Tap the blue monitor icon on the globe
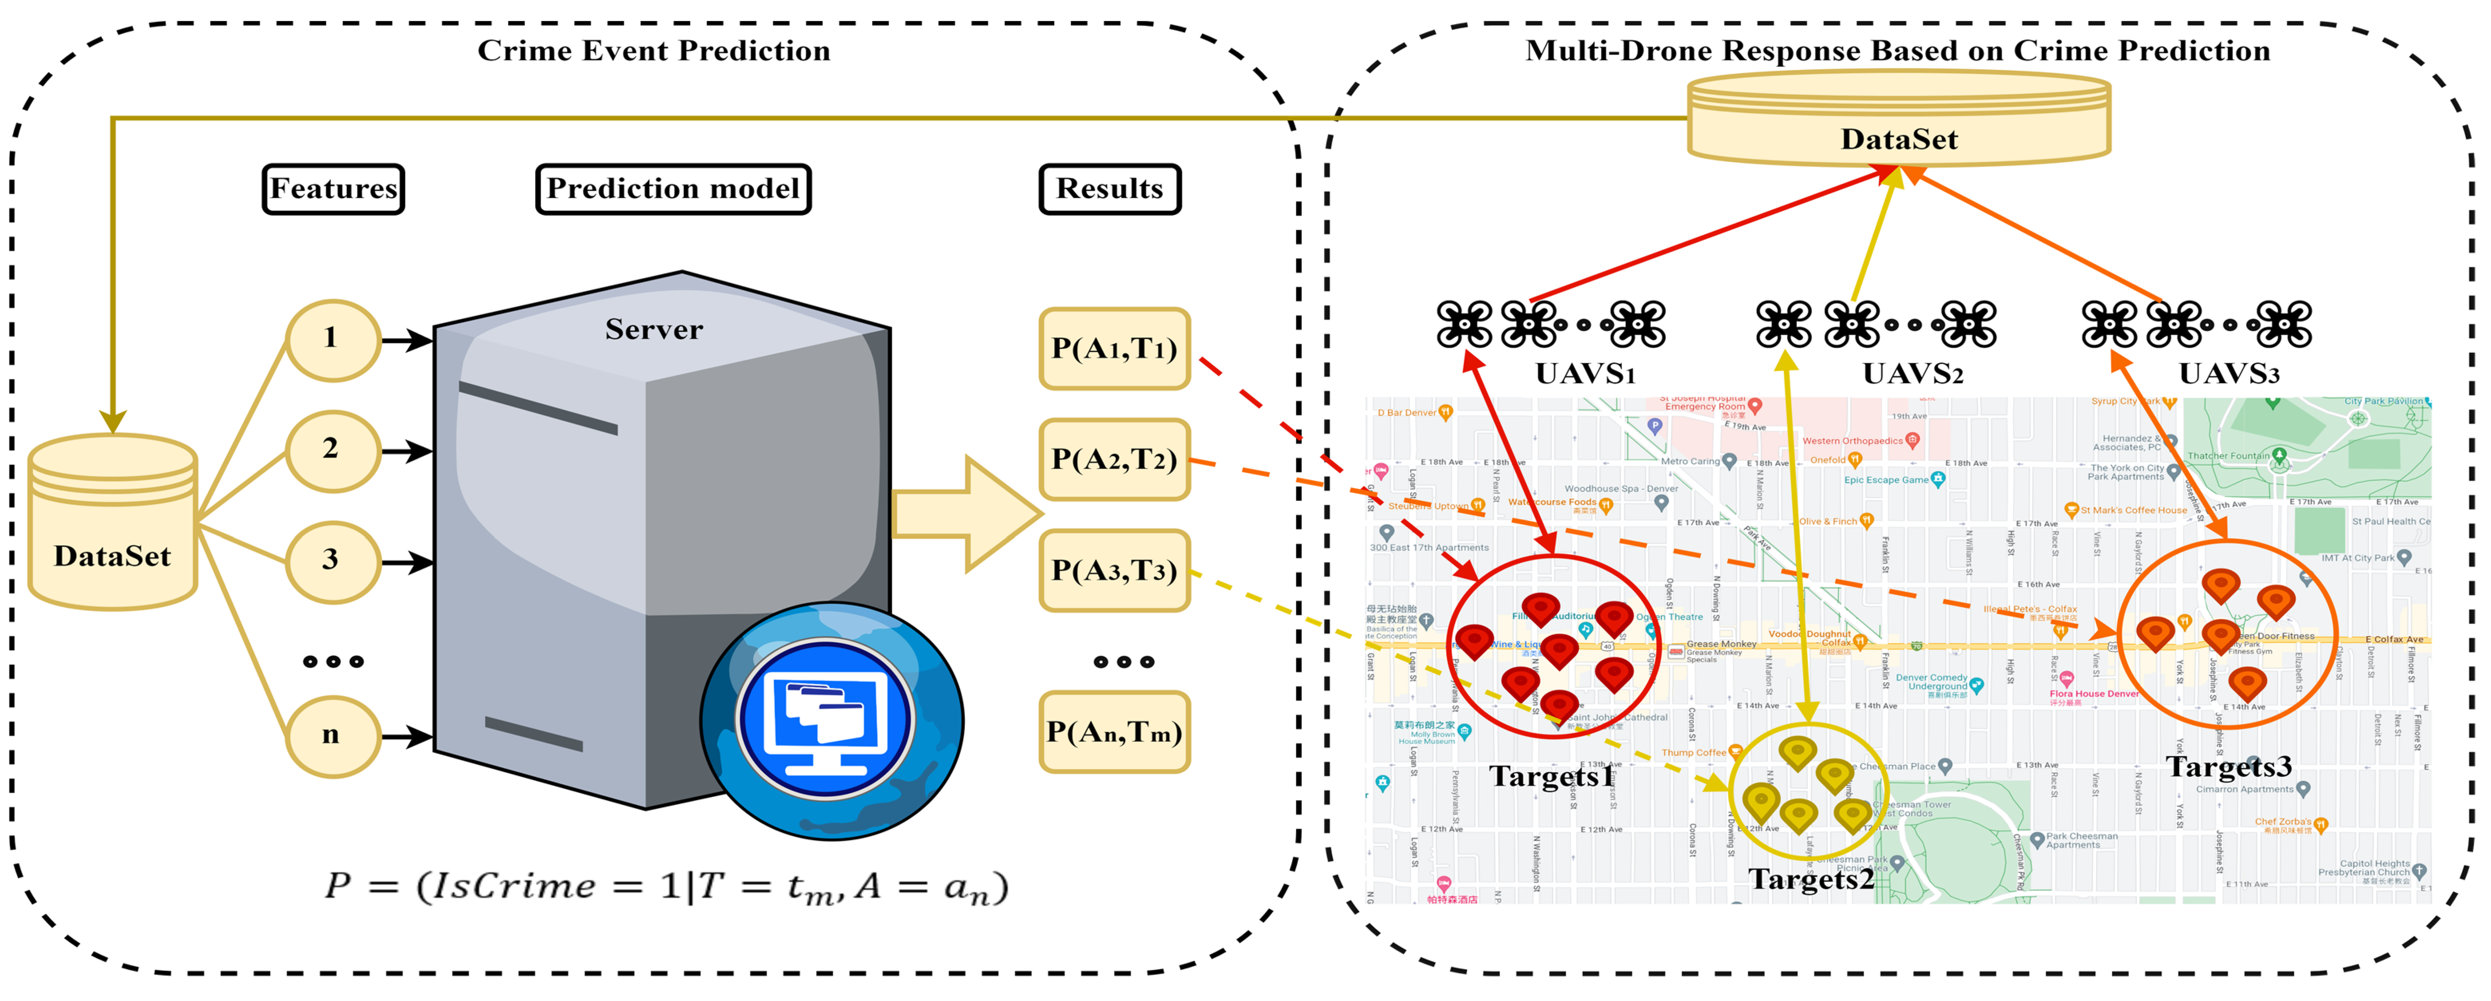point(825,721)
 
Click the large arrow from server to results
point(967,512)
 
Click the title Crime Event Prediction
point(654,50)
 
